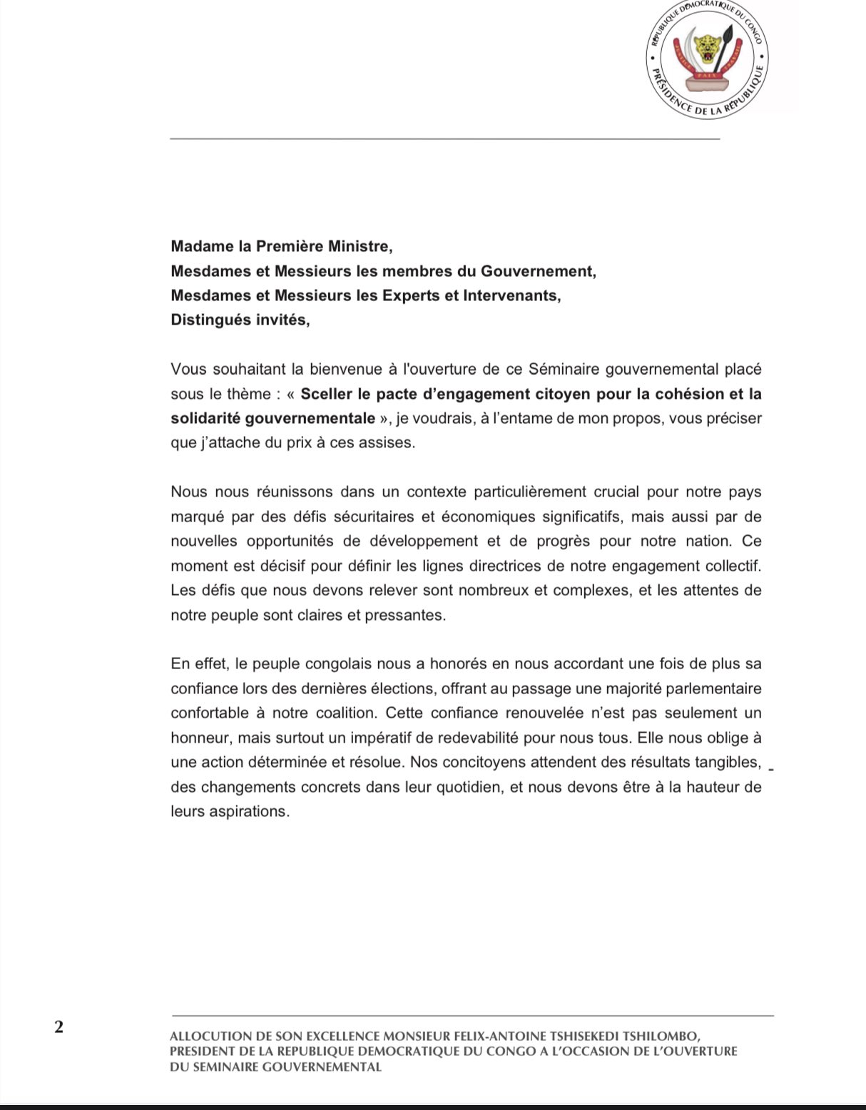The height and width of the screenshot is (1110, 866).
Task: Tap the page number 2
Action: tap(58, 1027)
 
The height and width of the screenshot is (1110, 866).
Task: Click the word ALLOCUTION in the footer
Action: tap(210, 1036)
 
